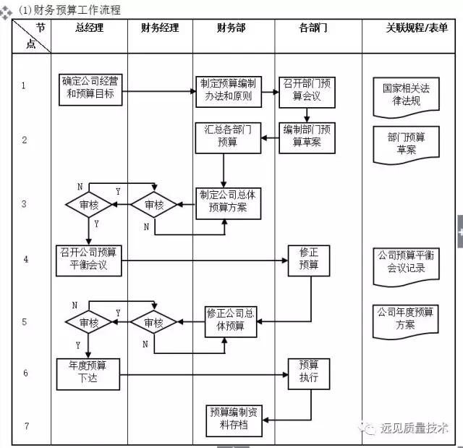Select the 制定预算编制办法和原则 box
[x=228, y=90]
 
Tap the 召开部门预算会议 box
[x=307, y=90]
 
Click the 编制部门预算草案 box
[x=307, y=136]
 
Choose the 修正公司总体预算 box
[x=230, y=320]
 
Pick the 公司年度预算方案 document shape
[x=405, y=318]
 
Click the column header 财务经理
[x=160, y=28]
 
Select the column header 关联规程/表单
[x=416, y=28]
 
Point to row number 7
[x=25, y=426]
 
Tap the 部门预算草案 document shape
[x=405, y=143]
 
